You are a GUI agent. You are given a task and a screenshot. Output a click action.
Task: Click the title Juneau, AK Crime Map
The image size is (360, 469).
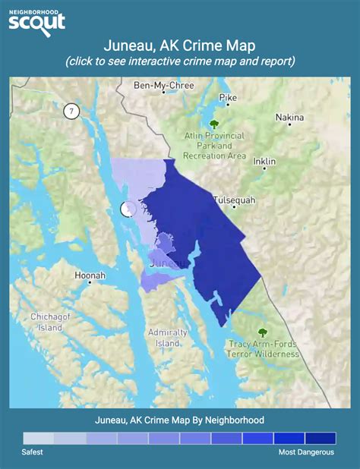(179, 46)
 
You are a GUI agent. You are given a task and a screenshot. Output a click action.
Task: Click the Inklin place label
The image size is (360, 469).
(264, 162)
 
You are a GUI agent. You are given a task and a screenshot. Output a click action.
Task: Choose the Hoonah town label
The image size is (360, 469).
(90, 275)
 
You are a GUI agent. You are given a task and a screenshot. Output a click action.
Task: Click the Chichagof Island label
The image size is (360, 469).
(50, 322)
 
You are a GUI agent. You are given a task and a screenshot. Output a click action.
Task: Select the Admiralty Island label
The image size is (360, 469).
(168, 338)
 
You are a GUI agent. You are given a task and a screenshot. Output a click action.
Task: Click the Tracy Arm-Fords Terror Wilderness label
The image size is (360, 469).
(264, 349)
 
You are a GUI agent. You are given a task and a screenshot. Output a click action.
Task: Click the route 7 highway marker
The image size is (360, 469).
(71, 111)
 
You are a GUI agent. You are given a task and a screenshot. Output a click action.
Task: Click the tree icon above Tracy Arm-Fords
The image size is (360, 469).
(263, 332)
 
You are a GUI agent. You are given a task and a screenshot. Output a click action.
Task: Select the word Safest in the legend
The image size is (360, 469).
(33, 452)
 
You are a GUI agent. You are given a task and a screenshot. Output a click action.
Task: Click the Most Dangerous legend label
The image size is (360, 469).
(306, 452)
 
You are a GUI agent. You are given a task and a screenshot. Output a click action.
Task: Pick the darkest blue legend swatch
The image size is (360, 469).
(320, 438)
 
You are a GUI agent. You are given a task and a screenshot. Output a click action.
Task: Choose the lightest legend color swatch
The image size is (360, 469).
(38, 438)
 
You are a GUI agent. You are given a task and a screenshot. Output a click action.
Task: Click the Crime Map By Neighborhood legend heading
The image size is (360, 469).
(179, 419)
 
